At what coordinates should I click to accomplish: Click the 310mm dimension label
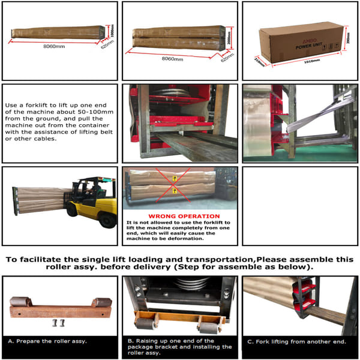[259, 60]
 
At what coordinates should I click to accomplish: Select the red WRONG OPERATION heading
[179, 215]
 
